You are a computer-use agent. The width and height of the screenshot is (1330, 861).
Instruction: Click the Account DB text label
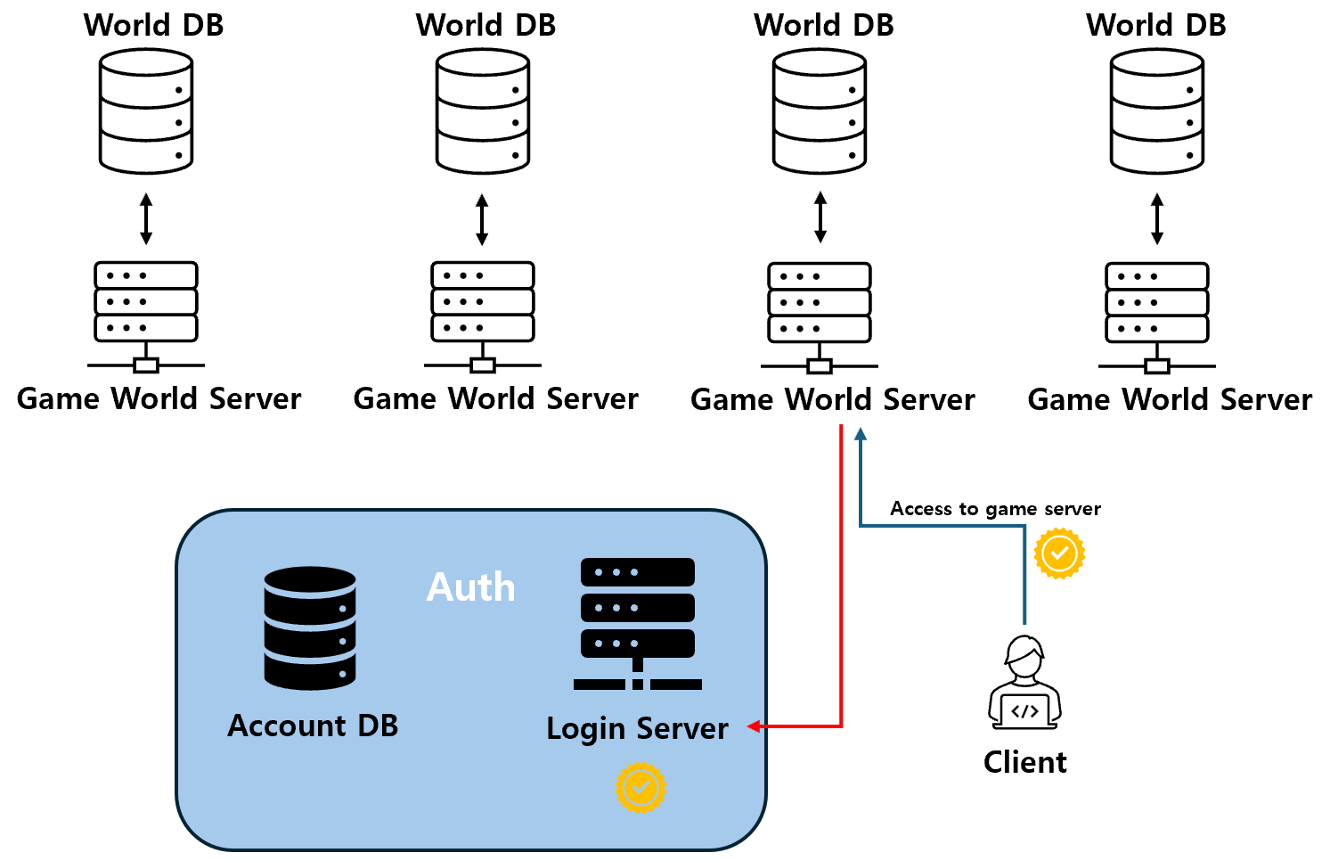click(313, 726)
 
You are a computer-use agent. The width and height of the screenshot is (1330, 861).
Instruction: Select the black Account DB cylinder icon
click(310, 628)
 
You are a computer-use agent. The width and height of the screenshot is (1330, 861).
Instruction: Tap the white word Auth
click(470, 587)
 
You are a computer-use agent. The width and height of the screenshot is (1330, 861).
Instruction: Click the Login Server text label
click(637, 728)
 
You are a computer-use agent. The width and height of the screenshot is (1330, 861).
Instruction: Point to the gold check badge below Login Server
click(641, 788)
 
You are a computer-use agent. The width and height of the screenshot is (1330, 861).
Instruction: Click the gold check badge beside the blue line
click(1059, 553)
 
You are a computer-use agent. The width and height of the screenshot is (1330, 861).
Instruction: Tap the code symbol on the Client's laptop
click(1024, 711)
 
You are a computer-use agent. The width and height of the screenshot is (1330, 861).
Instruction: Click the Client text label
click(1024, 762)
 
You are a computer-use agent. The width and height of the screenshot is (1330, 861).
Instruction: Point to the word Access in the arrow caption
click(921, 509)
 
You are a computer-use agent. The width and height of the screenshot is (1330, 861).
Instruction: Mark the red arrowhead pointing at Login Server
click(754, 726)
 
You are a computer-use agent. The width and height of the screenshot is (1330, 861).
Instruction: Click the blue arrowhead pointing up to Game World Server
click(861, 434)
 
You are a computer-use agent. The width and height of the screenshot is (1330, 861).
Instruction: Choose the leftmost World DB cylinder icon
click(146, 111)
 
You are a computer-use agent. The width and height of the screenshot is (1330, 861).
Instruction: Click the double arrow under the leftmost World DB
click(146, 219)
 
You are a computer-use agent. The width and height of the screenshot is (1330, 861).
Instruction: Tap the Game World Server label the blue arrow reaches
click(832, 399)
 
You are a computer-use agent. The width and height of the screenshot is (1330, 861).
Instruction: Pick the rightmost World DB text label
click(1155, 25)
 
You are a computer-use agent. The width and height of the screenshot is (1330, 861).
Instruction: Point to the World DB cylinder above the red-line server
click(820, 111)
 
